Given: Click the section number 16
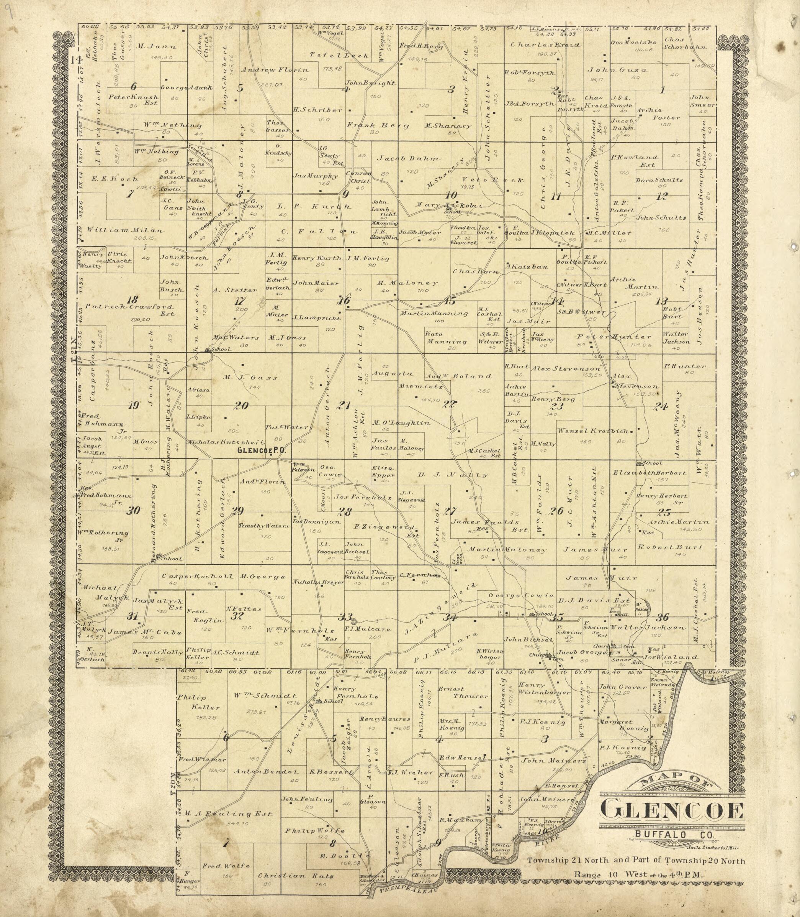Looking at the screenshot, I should pyautogui.click(x=344, y=300).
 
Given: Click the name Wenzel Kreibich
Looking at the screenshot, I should pyautogui.click(x=593, y=431).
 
